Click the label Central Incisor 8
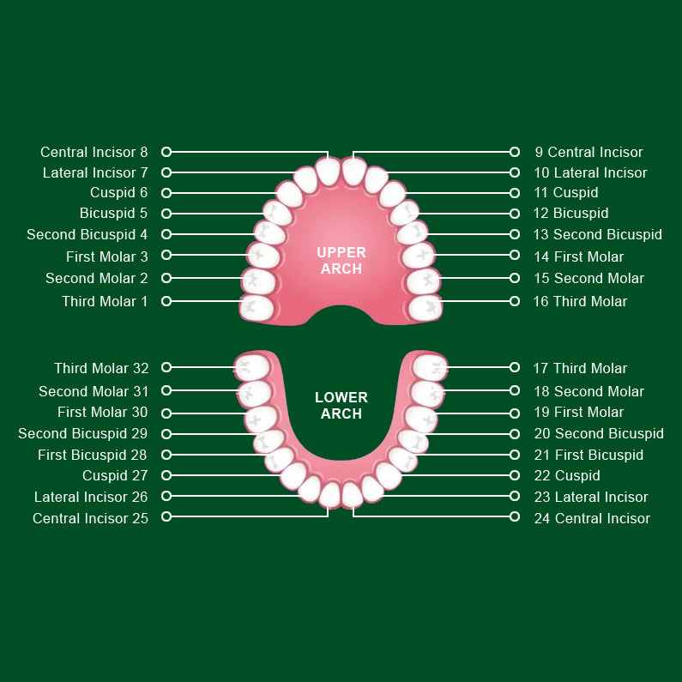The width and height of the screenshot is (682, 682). click(x=94, y=152)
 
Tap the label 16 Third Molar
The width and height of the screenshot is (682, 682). click(x=580, y=301)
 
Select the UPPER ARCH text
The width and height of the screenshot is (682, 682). click(x=341, y=261)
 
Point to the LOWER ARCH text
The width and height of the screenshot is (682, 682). click(x=341, y=406)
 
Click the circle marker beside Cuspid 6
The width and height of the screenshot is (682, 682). click(x=166, y=193)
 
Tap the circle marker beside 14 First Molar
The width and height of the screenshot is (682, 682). click(x=515, y=255)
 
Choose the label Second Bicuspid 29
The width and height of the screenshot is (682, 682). click(x=83, y=433)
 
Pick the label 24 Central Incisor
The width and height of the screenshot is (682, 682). click(x=592, y=518)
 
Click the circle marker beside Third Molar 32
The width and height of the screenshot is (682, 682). click(x=166, y=367)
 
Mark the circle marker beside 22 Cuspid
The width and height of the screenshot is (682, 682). click(x=515, y=475)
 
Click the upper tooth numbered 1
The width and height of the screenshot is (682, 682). click(x=257, y=308)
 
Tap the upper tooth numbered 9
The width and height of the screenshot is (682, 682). click(x=353, y=172)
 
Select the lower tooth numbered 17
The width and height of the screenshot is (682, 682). click(x=429, y=367)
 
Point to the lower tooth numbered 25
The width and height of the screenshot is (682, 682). click(x=330, y=494)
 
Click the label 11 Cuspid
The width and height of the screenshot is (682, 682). click(x=566, y=193)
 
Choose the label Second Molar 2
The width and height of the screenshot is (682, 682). click(x=97, y=278)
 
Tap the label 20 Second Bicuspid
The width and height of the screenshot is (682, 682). click(x=599, y=433)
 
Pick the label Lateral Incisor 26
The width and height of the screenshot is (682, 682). click(x=91, y=498)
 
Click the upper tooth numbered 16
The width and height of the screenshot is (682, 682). click(x=425, y=308)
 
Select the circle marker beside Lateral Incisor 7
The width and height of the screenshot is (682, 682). click(x=166, y=172)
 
